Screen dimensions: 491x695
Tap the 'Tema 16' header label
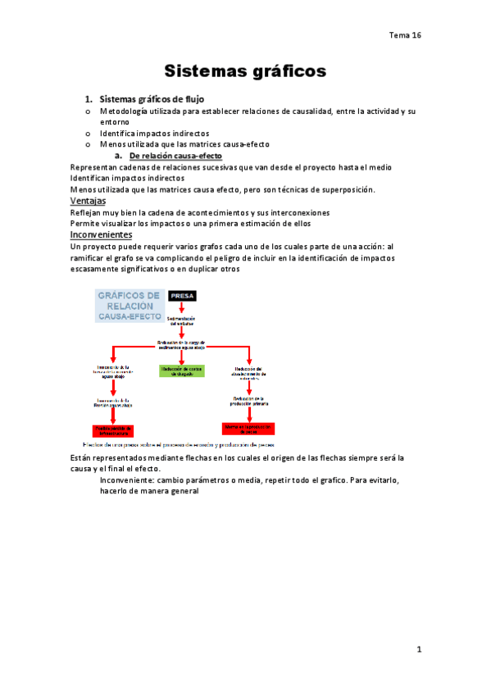[x=405, y=35]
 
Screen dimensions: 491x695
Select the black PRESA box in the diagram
[x=181, y=296]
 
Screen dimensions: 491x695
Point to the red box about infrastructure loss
[x=114, y=429]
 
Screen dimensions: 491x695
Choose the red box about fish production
[x=248, y=429]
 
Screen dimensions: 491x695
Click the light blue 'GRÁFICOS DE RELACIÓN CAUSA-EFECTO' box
[x=129, y=306]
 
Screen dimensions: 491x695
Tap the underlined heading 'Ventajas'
[x=88, y=201]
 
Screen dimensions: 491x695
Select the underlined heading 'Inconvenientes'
[x=102, y=234]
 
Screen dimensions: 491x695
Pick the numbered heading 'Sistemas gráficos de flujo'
[x=157, y=99]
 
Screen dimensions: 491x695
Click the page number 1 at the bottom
[x=417, y=650]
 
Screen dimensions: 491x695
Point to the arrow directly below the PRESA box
[x=181, y=308]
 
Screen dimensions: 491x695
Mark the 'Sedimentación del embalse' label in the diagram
[x=181, y=320]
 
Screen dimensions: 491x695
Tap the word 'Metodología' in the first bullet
[x=127, y=111]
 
